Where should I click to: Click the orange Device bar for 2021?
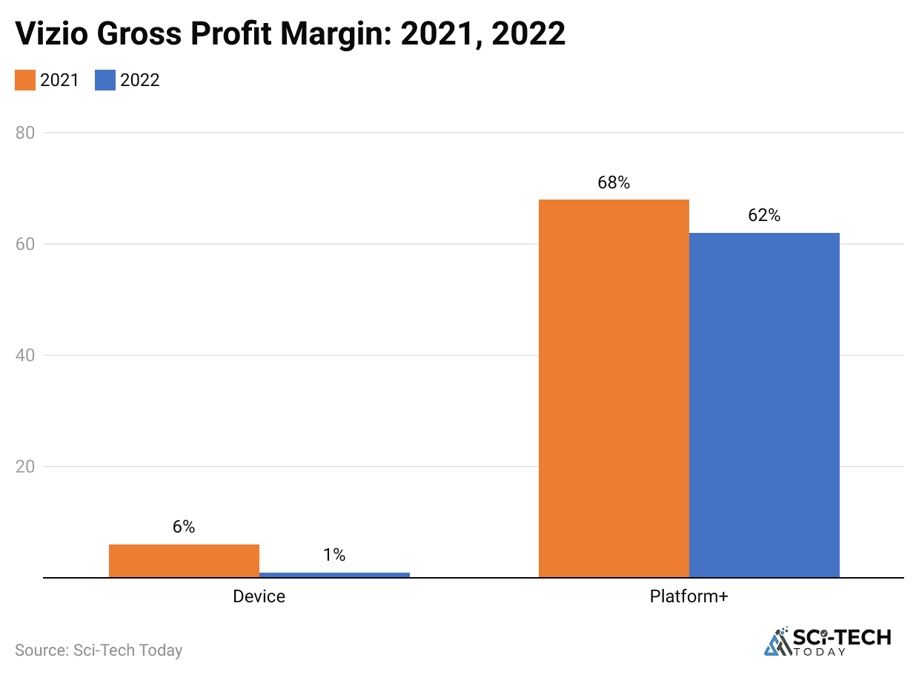tap(184, 561)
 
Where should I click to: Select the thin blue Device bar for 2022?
tap(334, 574)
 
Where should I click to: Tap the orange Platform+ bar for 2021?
tap(614, 388)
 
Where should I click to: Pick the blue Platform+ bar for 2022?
tap(764, 405)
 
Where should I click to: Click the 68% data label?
tap(614, 182)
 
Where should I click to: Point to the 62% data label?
tap(764, 216)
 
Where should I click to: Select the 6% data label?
tap(184, 527)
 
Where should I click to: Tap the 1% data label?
tap(334, 555)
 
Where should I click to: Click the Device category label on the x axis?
tap(259, 596)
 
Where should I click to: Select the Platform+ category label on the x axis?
tap(689, 596)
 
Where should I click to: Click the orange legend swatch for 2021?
tap(25, 80)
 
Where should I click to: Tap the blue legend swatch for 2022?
tap(105, 80)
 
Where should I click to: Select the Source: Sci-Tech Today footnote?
tap(99, 651)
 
